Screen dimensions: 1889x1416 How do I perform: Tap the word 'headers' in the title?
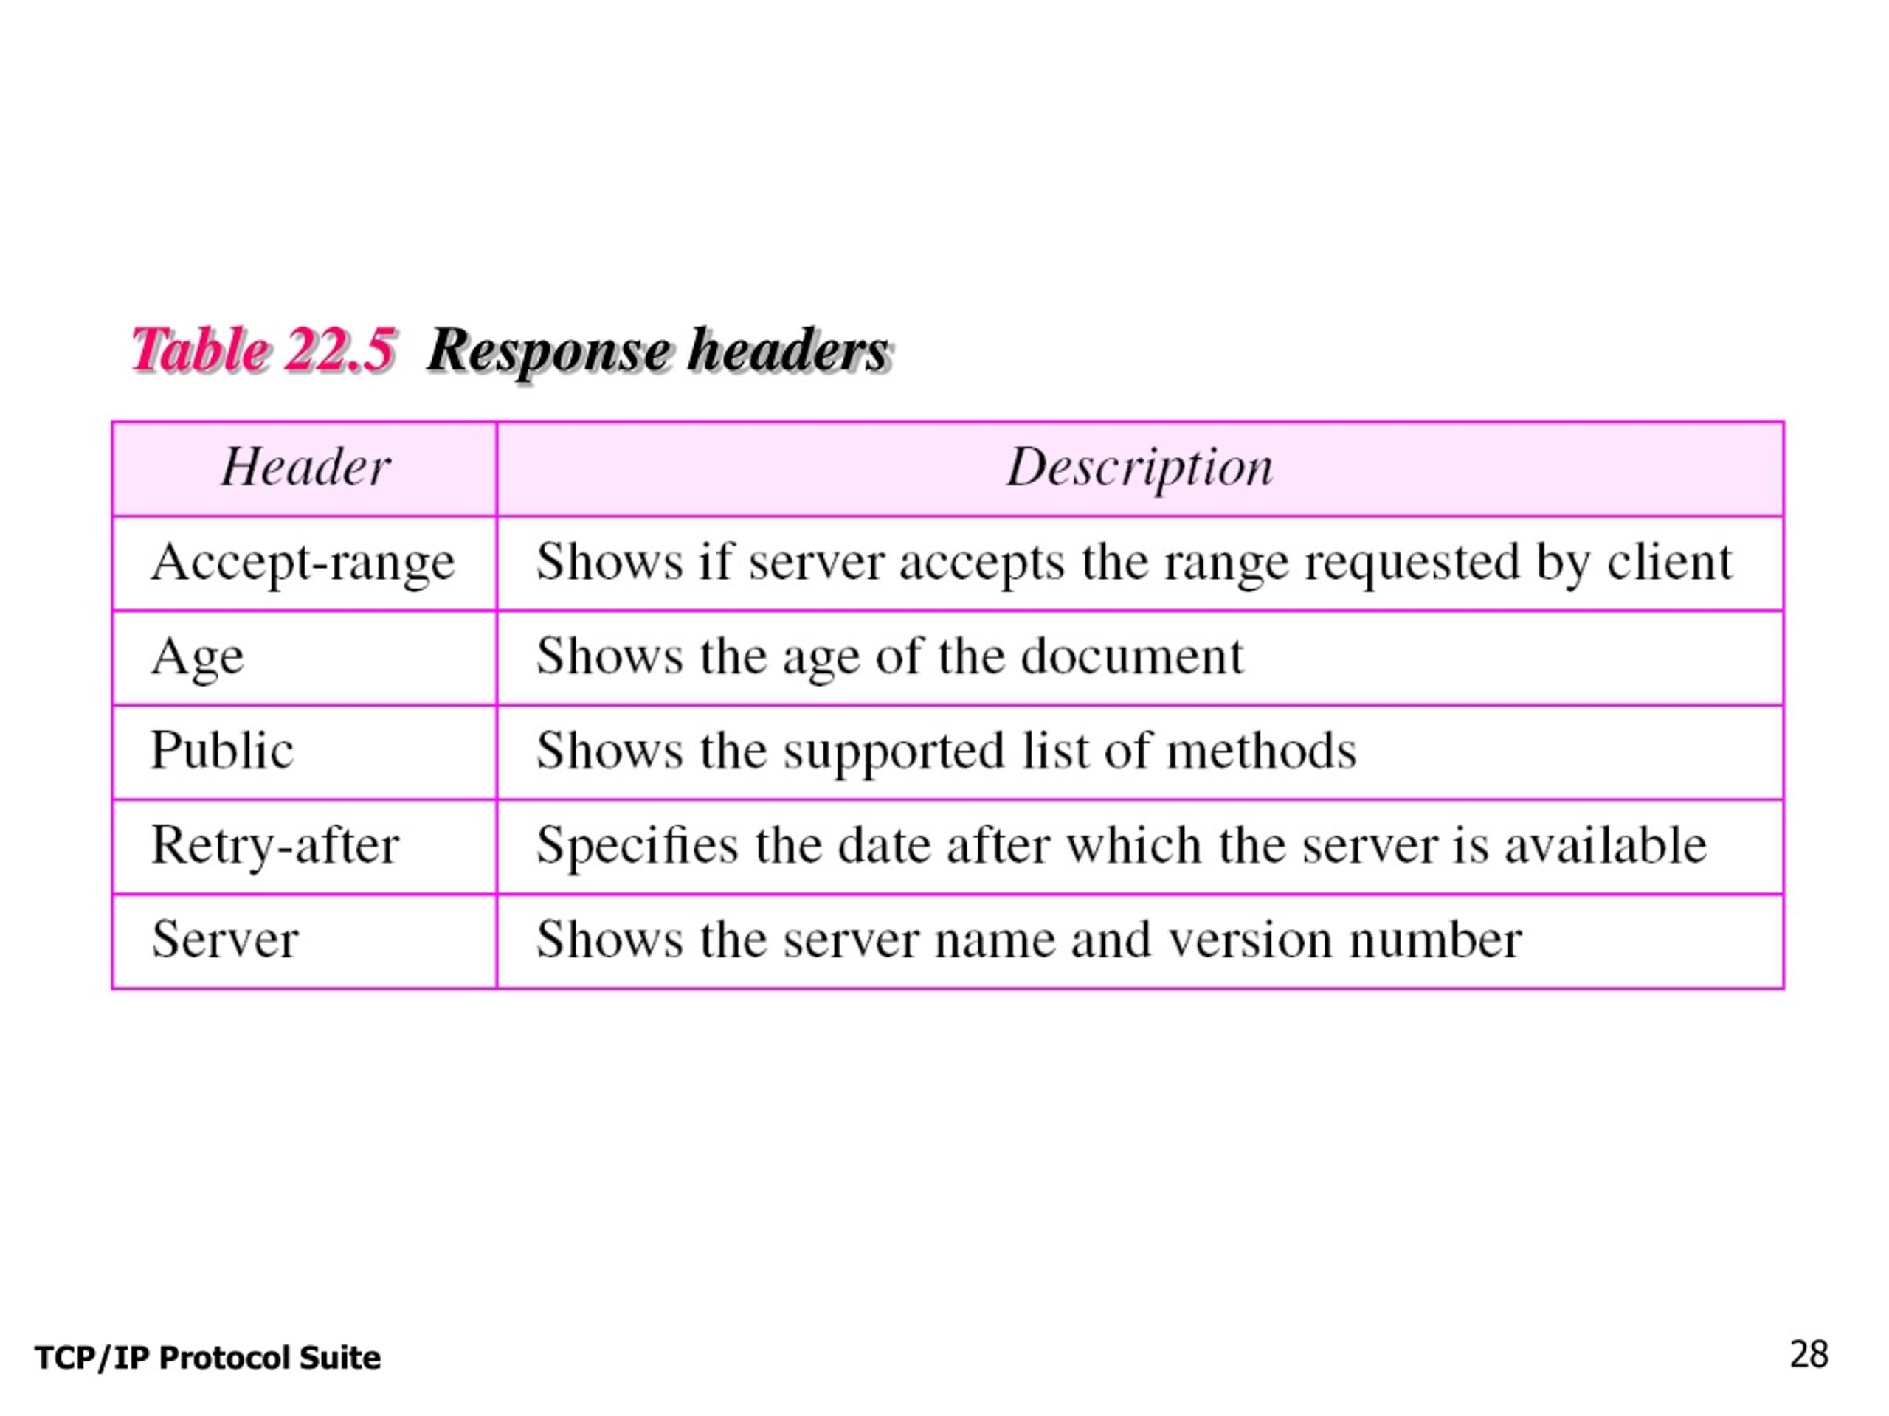(x=790, y=350)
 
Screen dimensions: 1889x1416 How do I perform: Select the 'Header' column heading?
(x=305, y=467)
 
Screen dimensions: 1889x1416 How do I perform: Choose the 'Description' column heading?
(x=1140, y=468)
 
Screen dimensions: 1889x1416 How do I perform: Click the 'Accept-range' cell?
(x=303, y=564)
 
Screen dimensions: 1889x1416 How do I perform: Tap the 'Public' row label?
(x=222, y=750)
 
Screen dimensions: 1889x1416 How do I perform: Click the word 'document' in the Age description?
(x=1133, y=656)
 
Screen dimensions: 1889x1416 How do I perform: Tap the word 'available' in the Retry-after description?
(x=1606, y=845)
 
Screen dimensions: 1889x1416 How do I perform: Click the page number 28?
(x=1809, y=1355)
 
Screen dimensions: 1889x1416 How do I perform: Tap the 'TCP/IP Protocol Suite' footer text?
(x=207, y=1358)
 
